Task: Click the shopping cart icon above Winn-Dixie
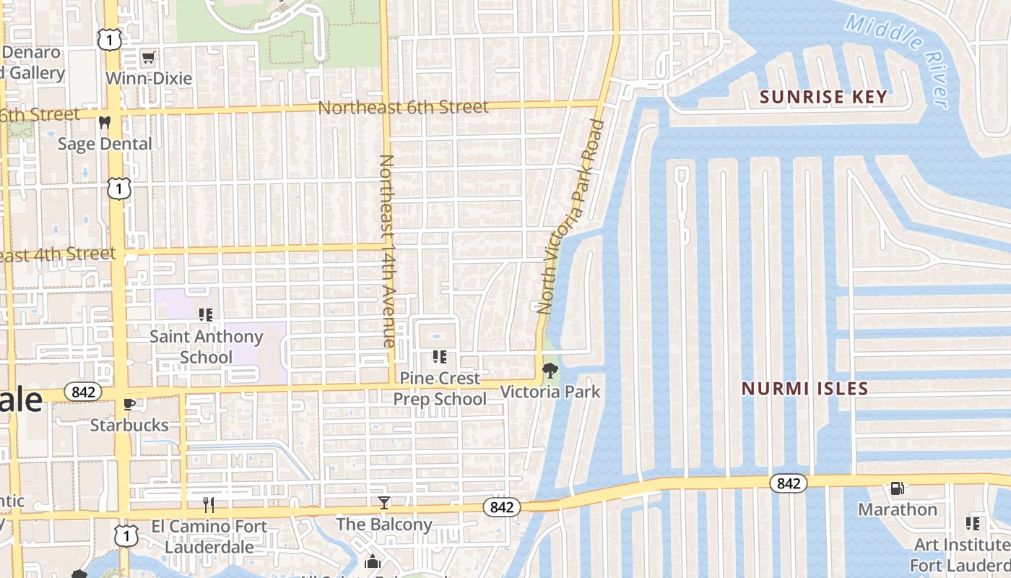pyautogui.click(x=149, y=57)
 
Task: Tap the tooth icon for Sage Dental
pyautogui.click(x=105, y=123)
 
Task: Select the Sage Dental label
pyautogui.click(x=105, y=144)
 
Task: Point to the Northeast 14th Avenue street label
pyautogui.click(x=388, y=251)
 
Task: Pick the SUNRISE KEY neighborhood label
pyautogui.click(x=823, y=97)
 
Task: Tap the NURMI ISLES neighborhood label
pyautogui.click(x=805, y=389)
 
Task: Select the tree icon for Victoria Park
pyautogui.click(x=550, y=371)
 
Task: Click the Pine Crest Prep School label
pyautogui.click(x=440, y=389)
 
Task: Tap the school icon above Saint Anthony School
pyautogui.click(x=206, y=314)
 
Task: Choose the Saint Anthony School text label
pyautogui.click(x=206, y=347)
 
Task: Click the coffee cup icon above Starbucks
pyautogui.click(x=129, y=404)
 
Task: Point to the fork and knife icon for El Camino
pyautogui.click(x=209, y=504)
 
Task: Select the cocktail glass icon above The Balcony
pyautogui.click(x=384, y=503)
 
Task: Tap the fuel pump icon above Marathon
pyautogui.click(x=897, y=488)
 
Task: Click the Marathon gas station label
pyautogui.click(x=897, y=509)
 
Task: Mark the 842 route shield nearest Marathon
pyautogui.click(x=788, y=483)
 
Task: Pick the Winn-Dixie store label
pyautogui.click(x=149, y=78)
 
